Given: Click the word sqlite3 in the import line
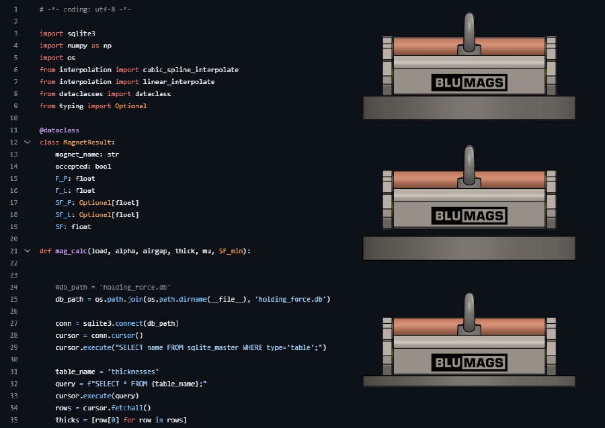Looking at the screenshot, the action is [x=81, y=34].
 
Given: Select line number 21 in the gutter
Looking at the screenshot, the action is [x=14, y=251].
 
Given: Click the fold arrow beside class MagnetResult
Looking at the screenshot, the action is [x=27, y=142].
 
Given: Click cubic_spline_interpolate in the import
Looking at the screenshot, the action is [x=190, y=70].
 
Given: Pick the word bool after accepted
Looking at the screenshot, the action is [x=103, y=167].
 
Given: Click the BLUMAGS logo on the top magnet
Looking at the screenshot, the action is [x=469, y=83].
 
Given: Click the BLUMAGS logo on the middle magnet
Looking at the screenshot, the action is [x=469, y=216].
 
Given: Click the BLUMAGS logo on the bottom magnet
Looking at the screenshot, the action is [x=469, y=363].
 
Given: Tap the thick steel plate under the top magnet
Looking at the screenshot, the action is [x=469, y=108].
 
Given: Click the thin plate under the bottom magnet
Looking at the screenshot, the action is [x=469, y=381].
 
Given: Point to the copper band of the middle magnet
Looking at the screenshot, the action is [x=469, y=179].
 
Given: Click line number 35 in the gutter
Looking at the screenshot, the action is [x=14, y=420].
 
